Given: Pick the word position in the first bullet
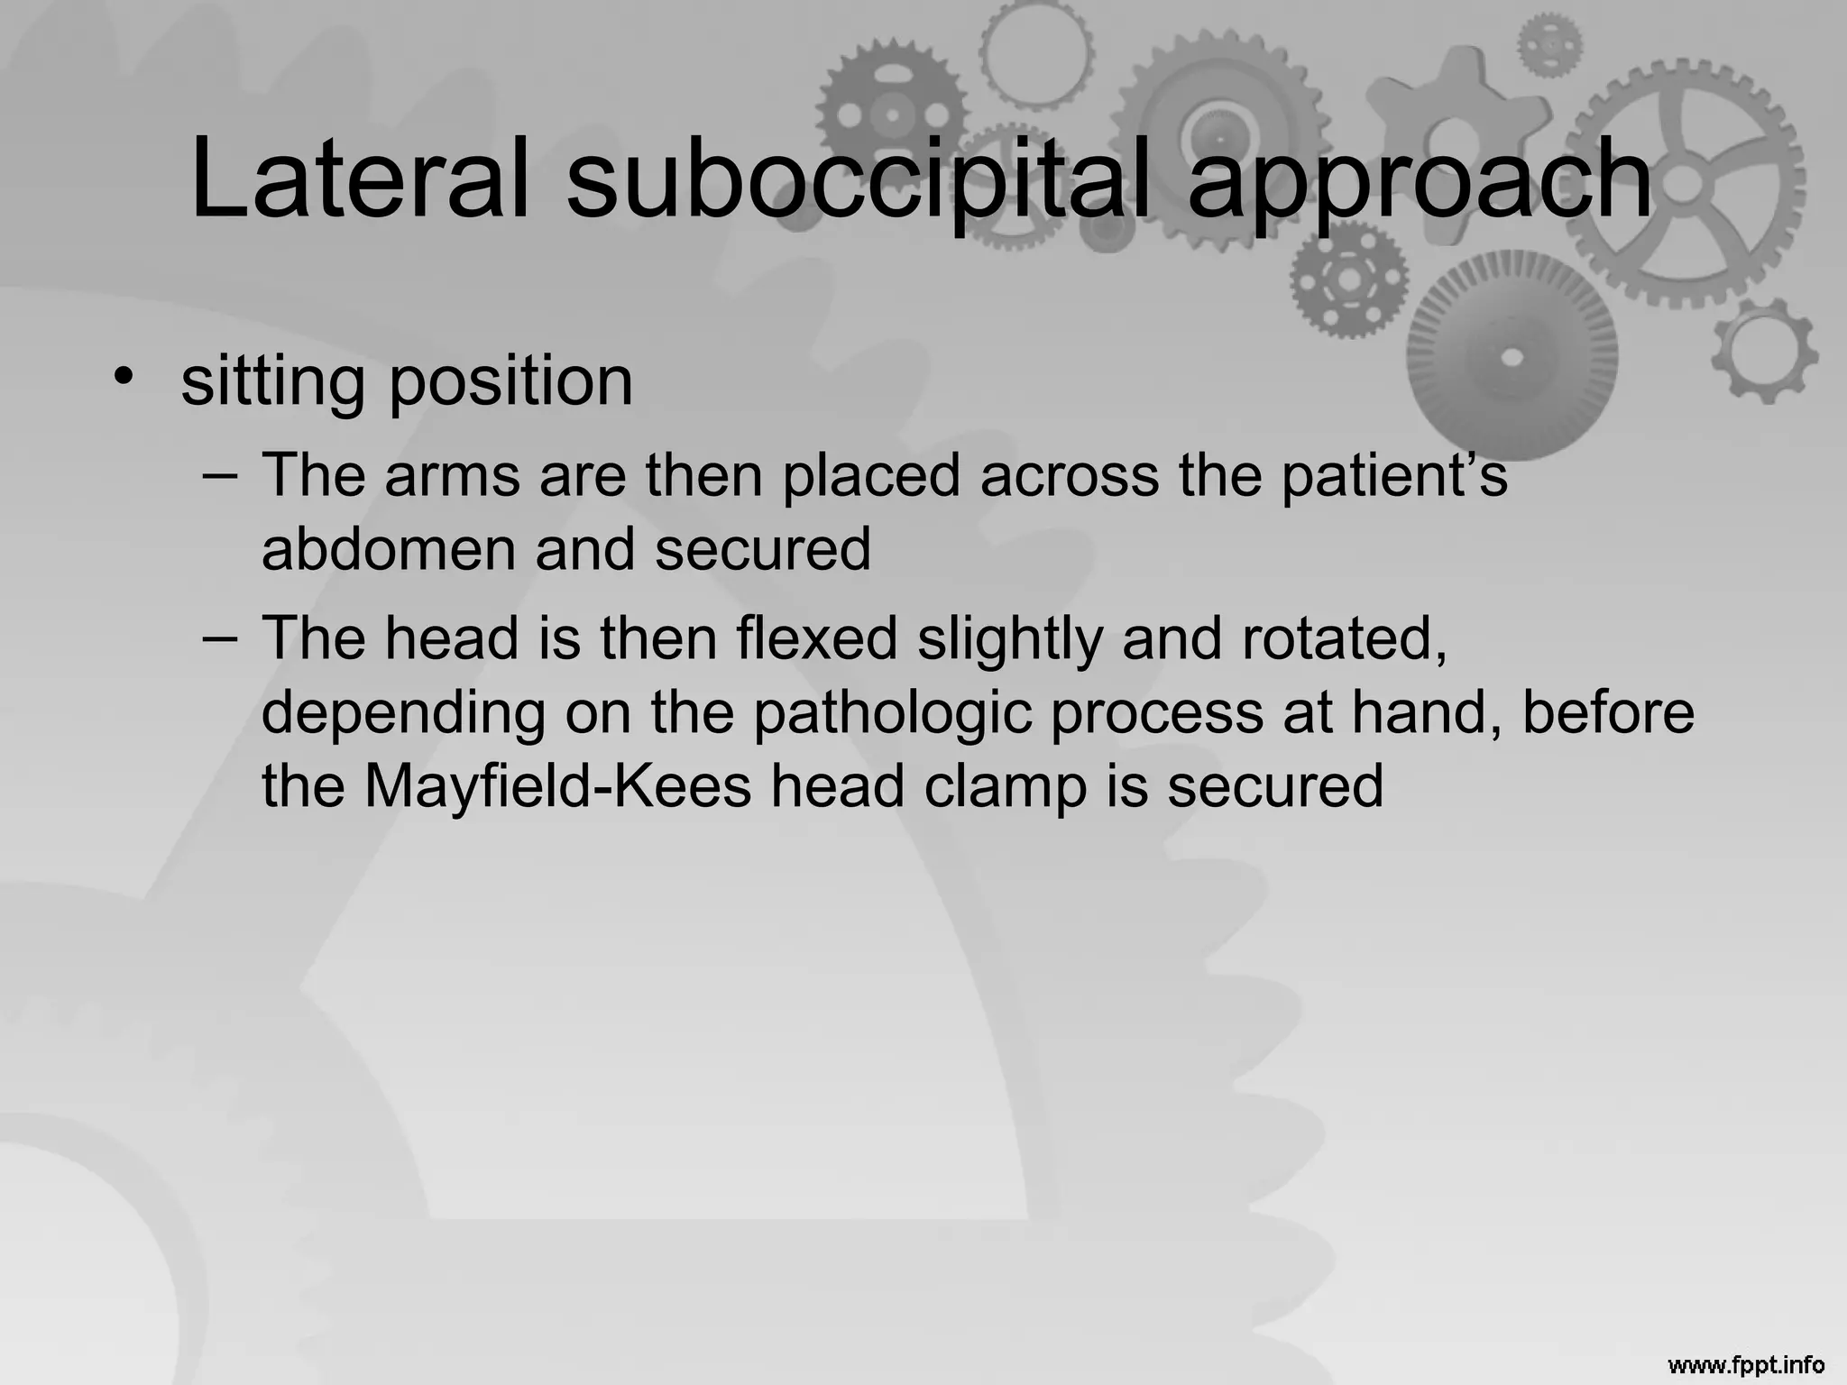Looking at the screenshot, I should [510, 381].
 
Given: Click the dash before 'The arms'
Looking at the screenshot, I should [221, 473].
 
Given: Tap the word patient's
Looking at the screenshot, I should [1394, 475].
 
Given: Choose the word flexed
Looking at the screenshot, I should [817, 638].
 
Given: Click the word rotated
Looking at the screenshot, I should [1344, 638].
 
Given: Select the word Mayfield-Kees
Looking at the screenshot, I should [557, 785].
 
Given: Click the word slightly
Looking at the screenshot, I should [1010, 638].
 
